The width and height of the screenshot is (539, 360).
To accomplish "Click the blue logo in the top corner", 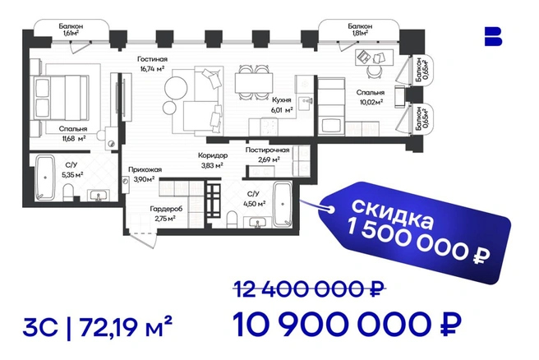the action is click(493, 36).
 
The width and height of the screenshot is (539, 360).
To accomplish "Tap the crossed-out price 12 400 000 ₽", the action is click(309, 289).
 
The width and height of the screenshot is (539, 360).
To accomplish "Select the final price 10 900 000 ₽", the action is click(347, 325).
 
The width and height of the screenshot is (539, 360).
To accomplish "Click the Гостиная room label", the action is click(152, 59).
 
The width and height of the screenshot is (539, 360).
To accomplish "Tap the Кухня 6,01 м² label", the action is click(282, 105).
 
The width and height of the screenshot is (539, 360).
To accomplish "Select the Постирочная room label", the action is click(267, 150).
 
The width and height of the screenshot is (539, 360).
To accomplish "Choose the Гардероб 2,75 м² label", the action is click(166, 214).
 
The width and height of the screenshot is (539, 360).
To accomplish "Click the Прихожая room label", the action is click(145, 169).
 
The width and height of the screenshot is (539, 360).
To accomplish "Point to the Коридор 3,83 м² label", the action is click(213, 160).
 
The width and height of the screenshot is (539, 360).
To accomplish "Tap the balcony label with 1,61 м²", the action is click(71, 30).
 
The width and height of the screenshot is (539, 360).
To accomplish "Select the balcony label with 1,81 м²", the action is click(360, 30).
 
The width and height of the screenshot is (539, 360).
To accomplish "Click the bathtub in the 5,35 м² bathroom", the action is click(45, 178).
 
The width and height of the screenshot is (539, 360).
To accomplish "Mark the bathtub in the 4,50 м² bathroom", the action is click(283, 204).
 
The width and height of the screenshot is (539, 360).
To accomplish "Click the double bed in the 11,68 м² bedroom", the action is click(61, 98).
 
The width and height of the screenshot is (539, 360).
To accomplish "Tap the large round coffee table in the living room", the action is click(176, 88).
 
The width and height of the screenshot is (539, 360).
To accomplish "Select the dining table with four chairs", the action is click(255, 82).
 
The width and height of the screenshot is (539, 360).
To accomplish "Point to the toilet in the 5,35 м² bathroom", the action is click(69, 192).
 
